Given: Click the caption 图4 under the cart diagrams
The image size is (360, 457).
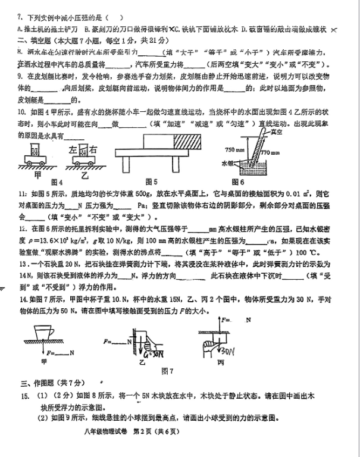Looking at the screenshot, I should click(x=57, y=181).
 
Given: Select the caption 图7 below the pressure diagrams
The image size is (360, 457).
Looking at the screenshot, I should click(x=167, y=371).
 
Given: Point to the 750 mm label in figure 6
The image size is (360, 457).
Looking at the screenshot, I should click(x=234, y=148).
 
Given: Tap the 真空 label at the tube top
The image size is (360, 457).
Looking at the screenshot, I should click(x=275, y=132).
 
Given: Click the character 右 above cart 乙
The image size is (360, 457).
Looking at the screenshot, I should click(x=95, y=150).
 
